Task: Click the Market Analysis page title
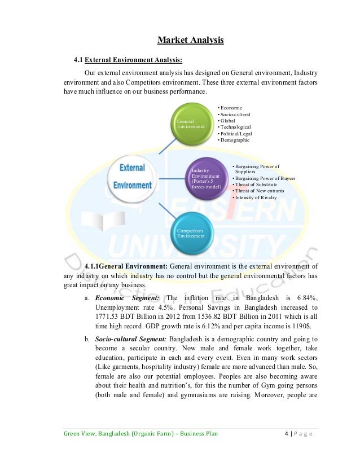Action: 190,39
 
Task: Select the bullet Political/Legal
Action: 236,134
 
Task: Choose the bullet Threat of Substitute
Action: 257,184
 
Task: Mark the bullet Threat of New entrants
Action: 258,191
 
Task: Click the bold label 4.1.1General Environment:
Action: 125,266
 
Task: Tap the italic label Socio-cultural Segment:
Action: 131,338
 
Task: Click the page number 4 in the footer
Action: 287,434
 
